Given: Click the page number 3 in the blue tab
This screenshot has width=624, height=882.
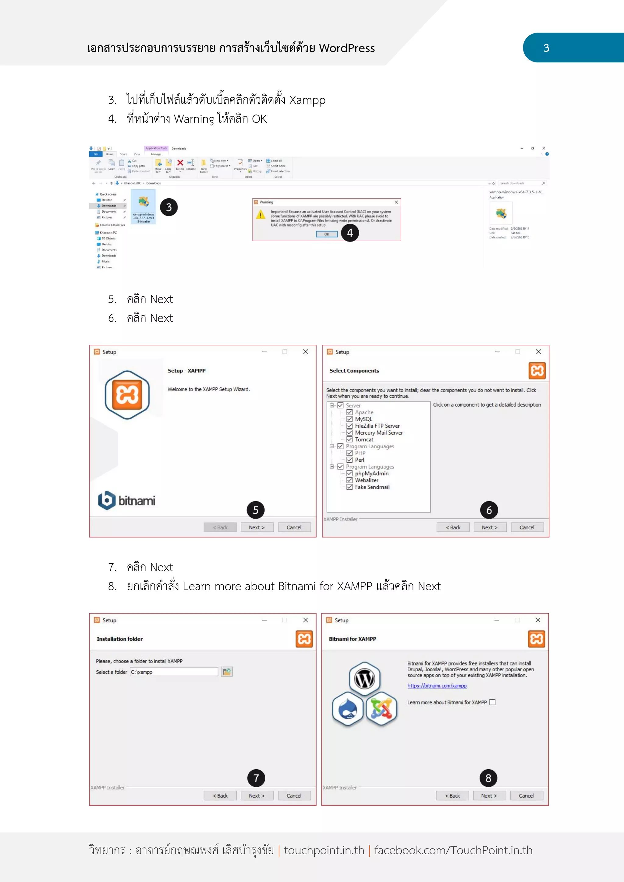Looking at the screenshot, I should (x=546, y=48).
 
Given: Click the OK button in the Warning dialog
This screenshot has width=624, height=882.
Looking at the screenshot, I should (x=327, y=234).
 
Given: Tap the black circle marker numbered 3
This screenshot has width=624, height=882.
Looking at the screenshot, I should (x=169, y=207).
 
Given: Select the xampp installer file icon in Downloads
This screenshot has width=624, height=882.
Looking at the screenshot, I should (x=143, y=203).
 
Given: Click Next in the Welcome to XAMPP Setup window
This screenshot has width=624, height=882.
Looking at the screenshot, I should (x=257, y=527).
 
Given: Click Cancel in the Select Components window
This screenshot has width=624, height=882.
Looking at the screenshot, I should (x=527, y=527).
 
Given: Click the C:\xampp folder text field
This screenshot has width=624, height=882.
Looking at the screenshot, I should (x=174, y=672).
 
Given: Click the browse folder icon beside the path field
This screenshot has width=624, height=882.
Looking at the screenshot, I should (x=227, y=672).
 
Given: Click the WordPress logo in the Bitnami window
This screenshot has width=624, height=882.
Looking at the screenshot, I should (x=365, y=679).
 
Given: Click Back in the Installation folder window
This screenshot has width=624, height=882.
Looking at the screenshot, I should (x=220, y=796).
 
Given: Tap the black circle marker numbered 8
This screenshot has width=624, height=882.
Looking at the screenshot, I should (x=488, y=778).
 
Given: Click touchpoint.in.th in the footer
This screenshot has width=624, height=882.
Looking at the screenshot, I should (x=324, y=850).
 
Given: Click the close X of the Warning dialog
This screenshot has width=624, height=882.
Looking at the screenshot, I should (x=396, y=202).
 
